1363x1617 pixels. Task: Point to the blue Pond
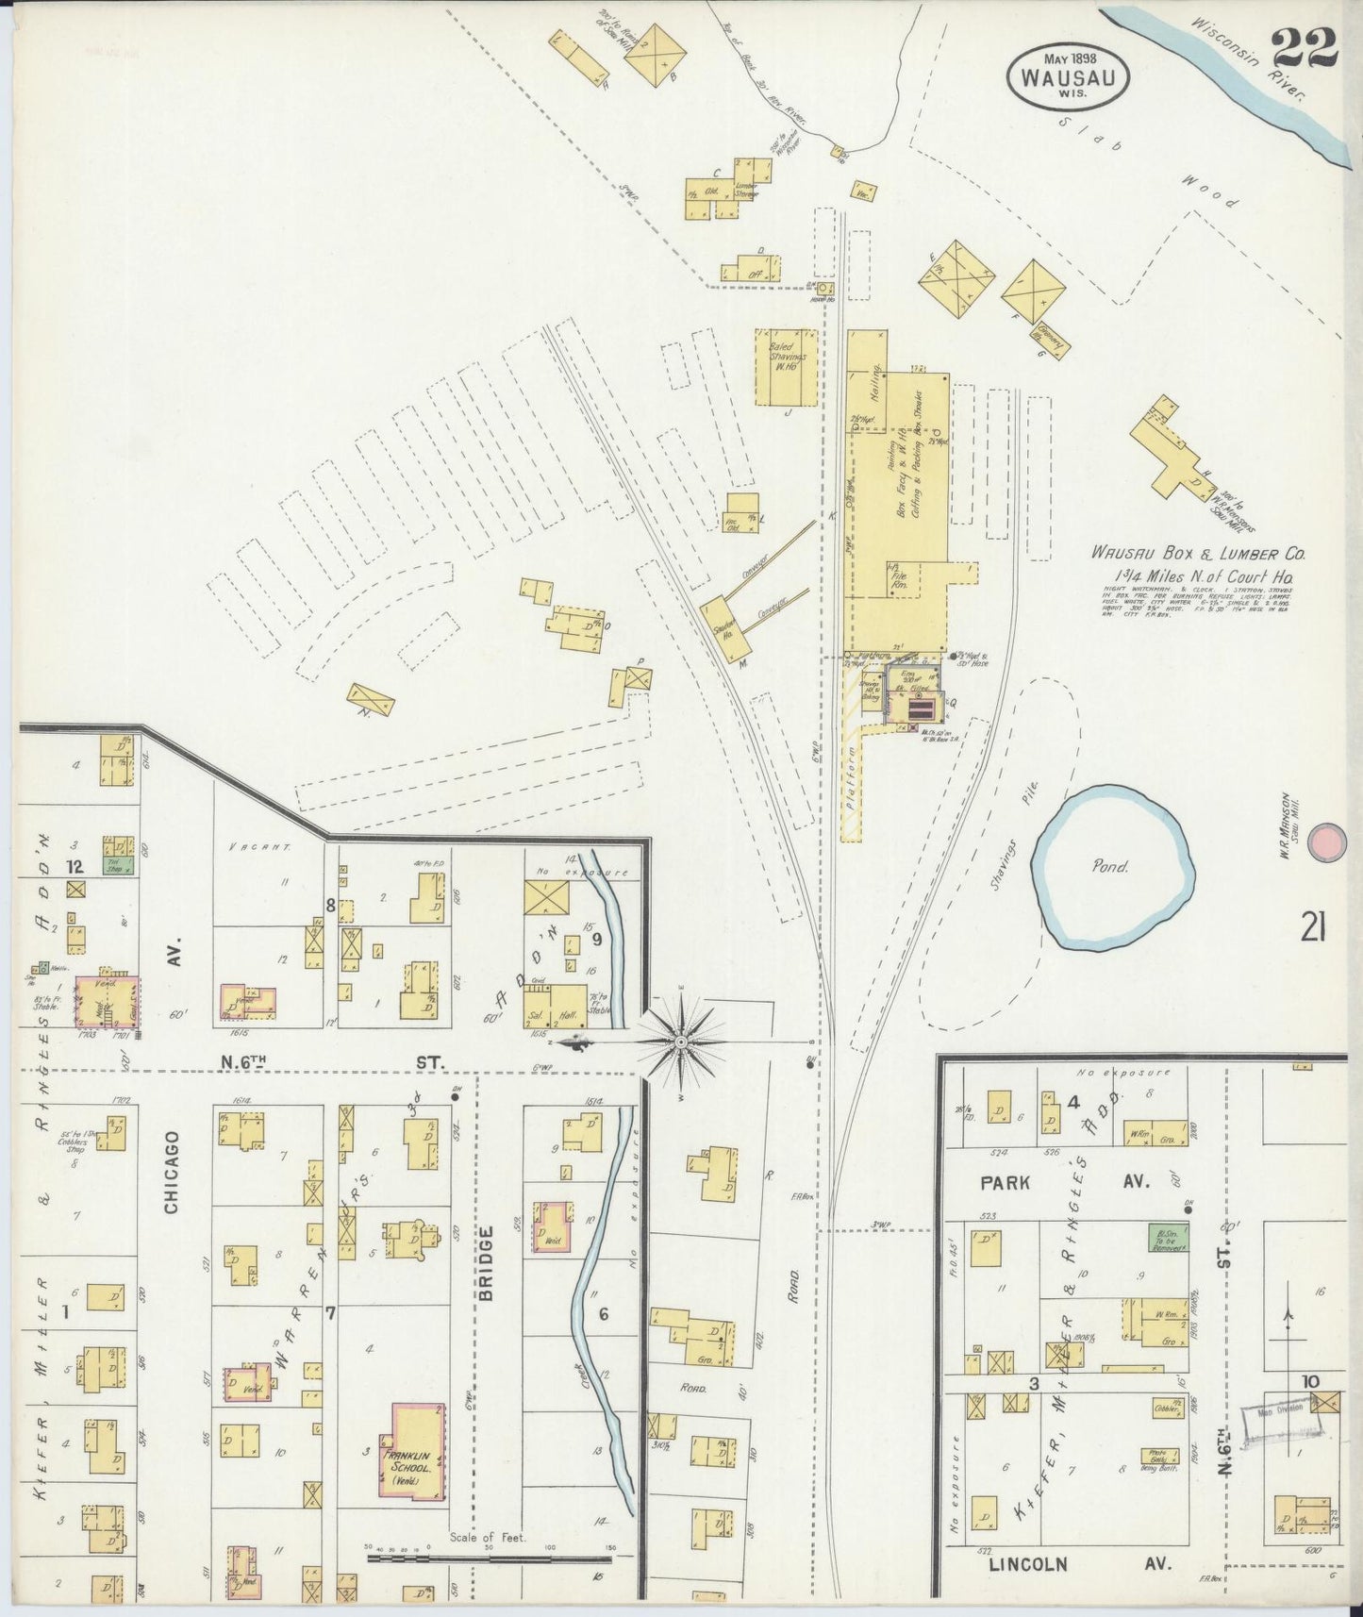tap(1112, 866)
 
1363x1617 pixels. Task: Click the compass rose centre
tap(681, 1042)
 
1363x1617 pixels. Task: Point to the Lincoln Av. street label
tap(1079, 1564)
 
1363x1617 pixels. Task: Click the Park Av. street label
tap(1065, 1182)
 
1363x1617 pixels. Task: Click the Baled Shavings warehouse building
tap(786, 366)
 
